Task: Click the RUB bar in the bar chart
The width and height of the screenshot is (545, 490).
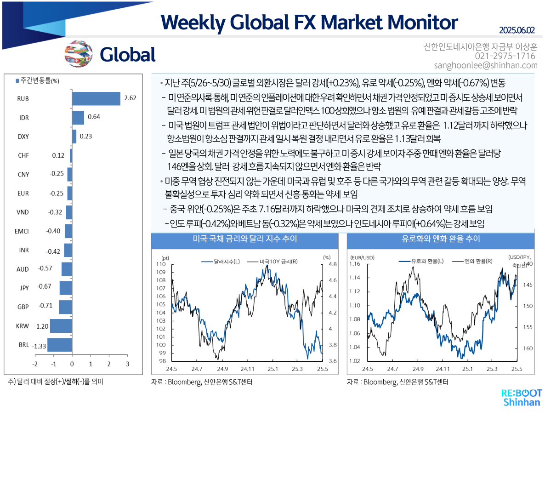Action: pos(96,98)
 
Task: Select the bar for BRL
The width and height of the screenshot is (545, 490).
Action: pos(60,345)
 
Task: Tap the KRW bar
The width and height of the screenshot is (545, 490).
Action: pos(61,326)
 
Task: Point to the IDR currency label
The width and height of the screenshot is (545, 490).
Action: pos(24,118)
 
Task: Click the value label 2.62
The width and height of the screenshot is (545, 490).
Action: pos(130,98)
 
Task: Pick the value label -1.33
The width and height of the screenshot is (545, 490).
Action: pos(40,346)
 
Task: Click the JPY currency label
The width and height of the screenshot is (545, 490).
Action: pos(24,288)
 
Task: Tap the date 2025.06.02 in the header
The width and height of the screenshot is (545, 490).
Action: pos(517,30)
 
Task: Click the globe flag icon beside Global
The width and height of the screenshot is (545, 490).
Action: pos(79,54)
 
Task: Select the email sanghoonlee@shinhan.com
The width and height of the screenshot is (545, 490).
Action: pos(486,65)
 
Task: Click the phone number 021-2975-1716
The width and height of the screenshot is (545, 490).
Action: pos(505,56)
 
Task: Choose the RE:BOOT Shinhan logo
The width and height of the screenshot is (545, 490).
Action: pos(521,398)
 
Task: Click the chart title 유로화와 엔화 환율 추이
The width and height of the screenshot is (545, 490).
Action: pos(441,239)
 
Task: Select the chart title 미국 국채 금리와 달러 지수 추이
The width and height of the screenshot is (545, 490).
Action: pos(245,239)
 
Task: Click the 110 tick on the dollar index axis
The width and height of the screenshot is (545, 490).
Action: pos(161,264)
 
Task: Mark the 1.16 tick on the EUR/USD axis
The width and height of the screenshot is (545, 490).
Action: pos(355,264)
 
